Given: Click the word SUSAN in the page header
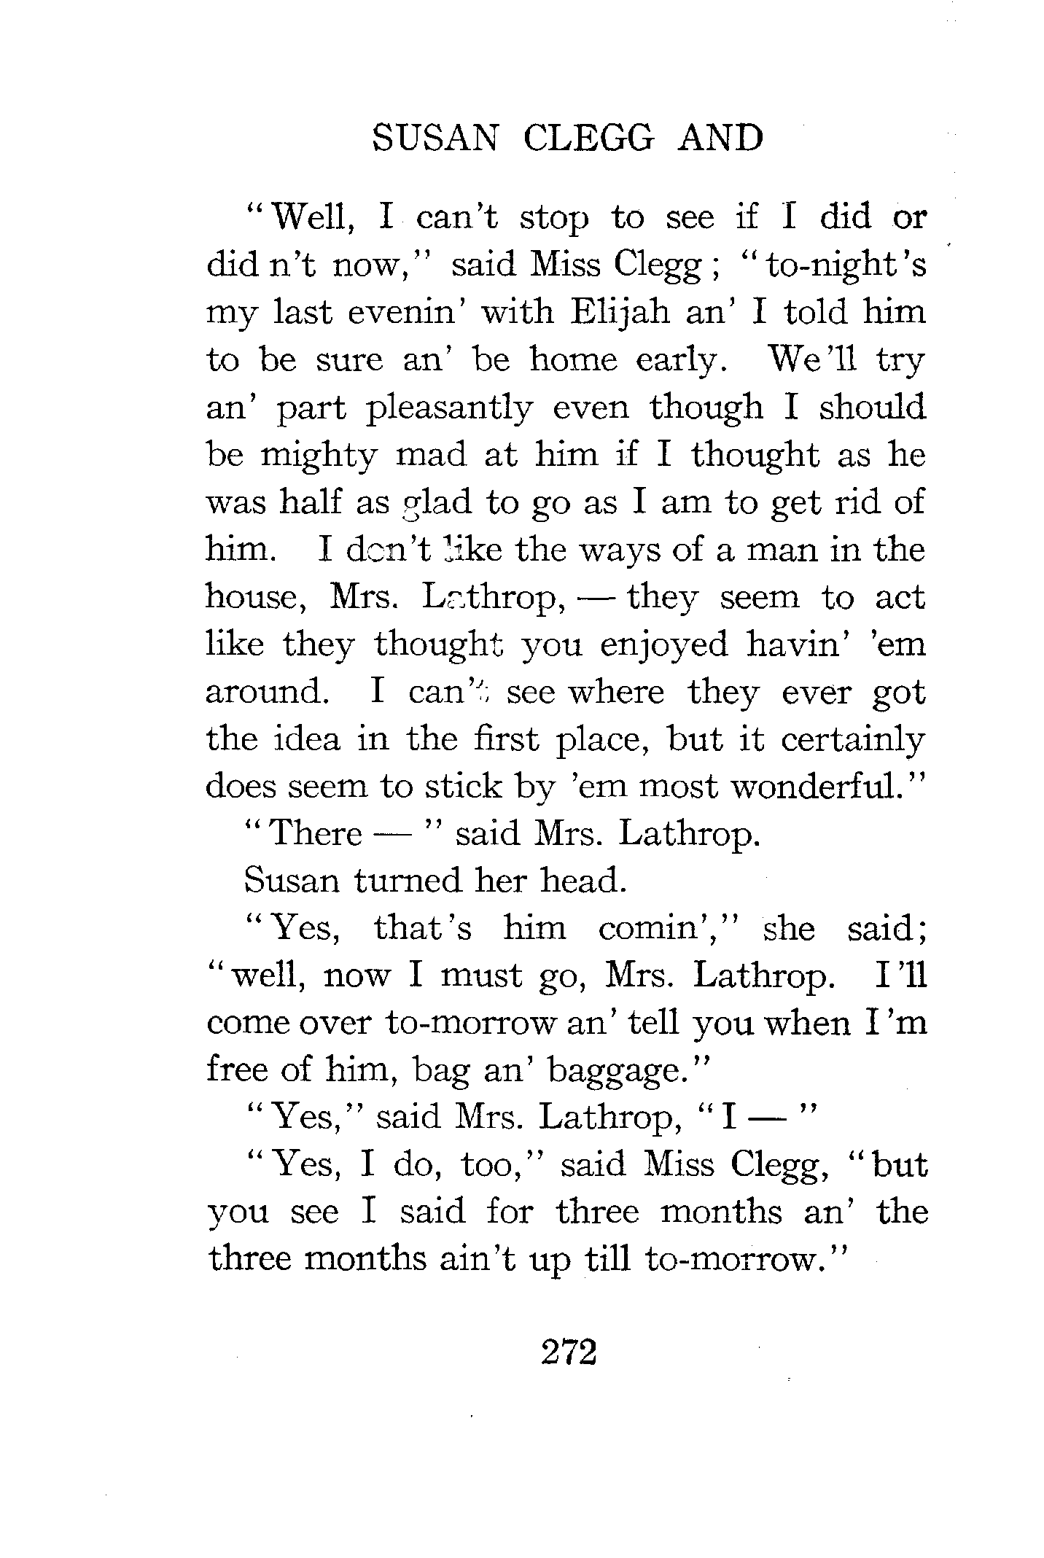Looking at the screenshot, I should click(x=435, y=137).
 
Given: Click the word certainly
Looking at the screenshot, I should click(x=853, y=740).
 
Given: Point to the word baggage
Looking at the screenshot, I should click(x=618, y=1070).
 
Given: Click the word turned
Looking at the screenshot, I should click(x=409, y=881).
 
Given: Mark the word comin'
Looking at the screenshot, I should click(x=663, y=928).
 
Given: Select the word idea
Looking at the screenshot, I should click(x=310, y=739).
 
